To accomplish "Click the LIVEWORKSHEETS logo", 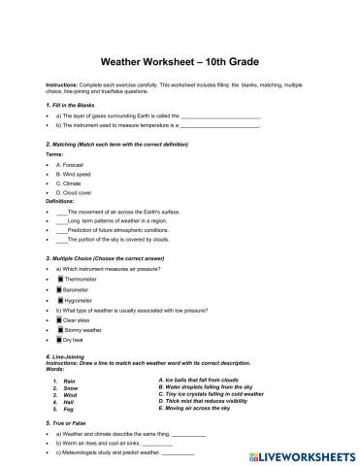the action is pos(298,453).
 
